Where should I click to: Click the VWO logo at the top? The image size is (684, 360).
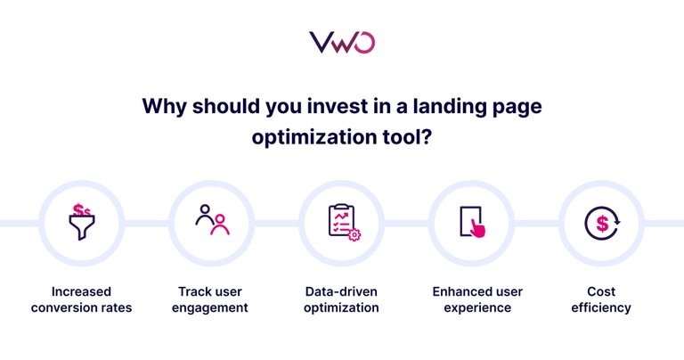point(342,42)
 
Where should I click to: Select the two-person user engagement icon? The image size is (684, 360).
point(213,220)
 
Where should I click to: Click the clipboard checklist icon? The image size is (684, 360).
point(343,222)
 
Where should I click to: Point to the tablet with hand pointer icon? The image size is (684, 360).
point(472,222)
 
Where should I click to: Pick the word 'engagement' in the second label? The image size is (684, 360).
point(213,307)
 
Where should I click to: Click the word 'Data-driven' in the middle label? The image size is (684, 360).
point(342,291)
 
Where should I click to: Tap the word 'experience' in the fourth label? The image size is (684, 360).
point(472,307)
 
